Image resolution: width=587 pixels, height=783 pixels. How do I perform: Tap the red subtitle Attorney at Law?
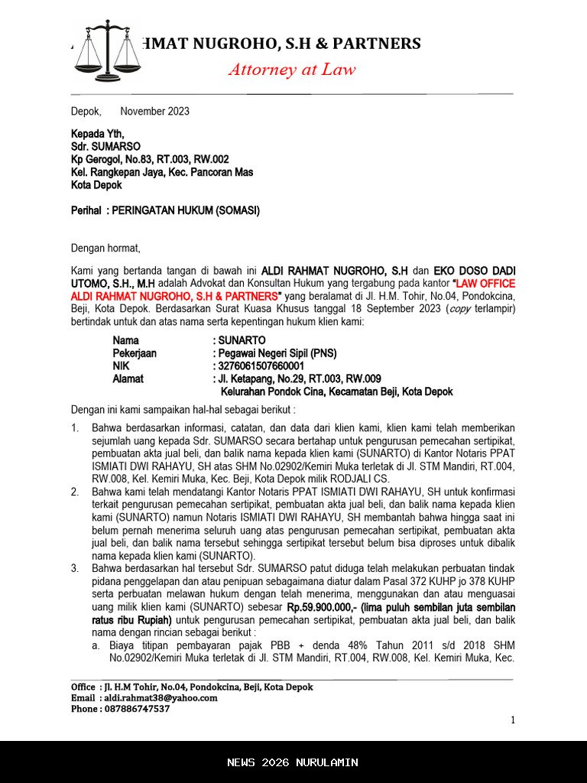pyautogui.click(x=292, y=70)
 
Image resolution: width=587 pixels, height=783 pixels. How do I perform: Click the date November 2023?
pyautogui.click(x=154, y=111)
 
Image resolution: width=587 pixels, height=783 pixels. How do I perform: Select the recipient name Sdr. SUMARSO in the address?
pyautogui.click(x=105, y=146)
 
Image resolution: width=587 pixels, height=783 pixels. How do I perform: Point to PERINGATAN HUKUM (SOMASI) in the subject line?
pyautogui.click(x=186, y=210)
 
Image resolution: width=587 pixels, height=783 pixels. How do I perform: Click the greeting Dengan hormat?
pyautogui.click(x=105, y=248)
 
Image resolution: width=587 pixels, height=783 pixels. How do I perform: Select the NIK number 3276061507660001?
pyautogui.click(x=261, y=366)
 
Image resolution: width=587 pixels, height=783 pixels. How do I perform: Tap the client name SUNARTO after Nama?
pyautogui.click(x=242, y=340)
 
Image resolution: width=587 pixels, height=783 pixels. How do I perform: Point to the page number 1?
pyautogui.click(x=513, y=720)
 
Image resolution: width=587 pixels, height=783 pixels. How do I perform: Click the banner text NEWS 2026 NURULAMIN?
pyautogui.click(x=293, y=762)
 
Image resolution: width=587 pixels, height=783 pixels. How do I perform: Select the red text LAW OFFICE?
pyautogui.click(x=485, y=283)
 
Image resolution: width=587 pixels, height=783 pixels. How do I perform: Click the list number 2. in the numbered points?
pyautogui.click(x=75, y=492)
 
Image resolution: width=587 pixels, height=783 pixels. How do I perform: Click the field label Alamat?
pyautogui.click(x=128, y=379)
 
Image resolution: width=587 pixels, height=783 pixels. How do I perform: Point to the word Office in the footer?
pyautogui.click(x=83, y=687)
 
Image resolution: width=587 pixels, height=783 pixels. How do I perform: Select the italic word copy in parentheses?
pyautogui.click(x=459, y=309)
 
